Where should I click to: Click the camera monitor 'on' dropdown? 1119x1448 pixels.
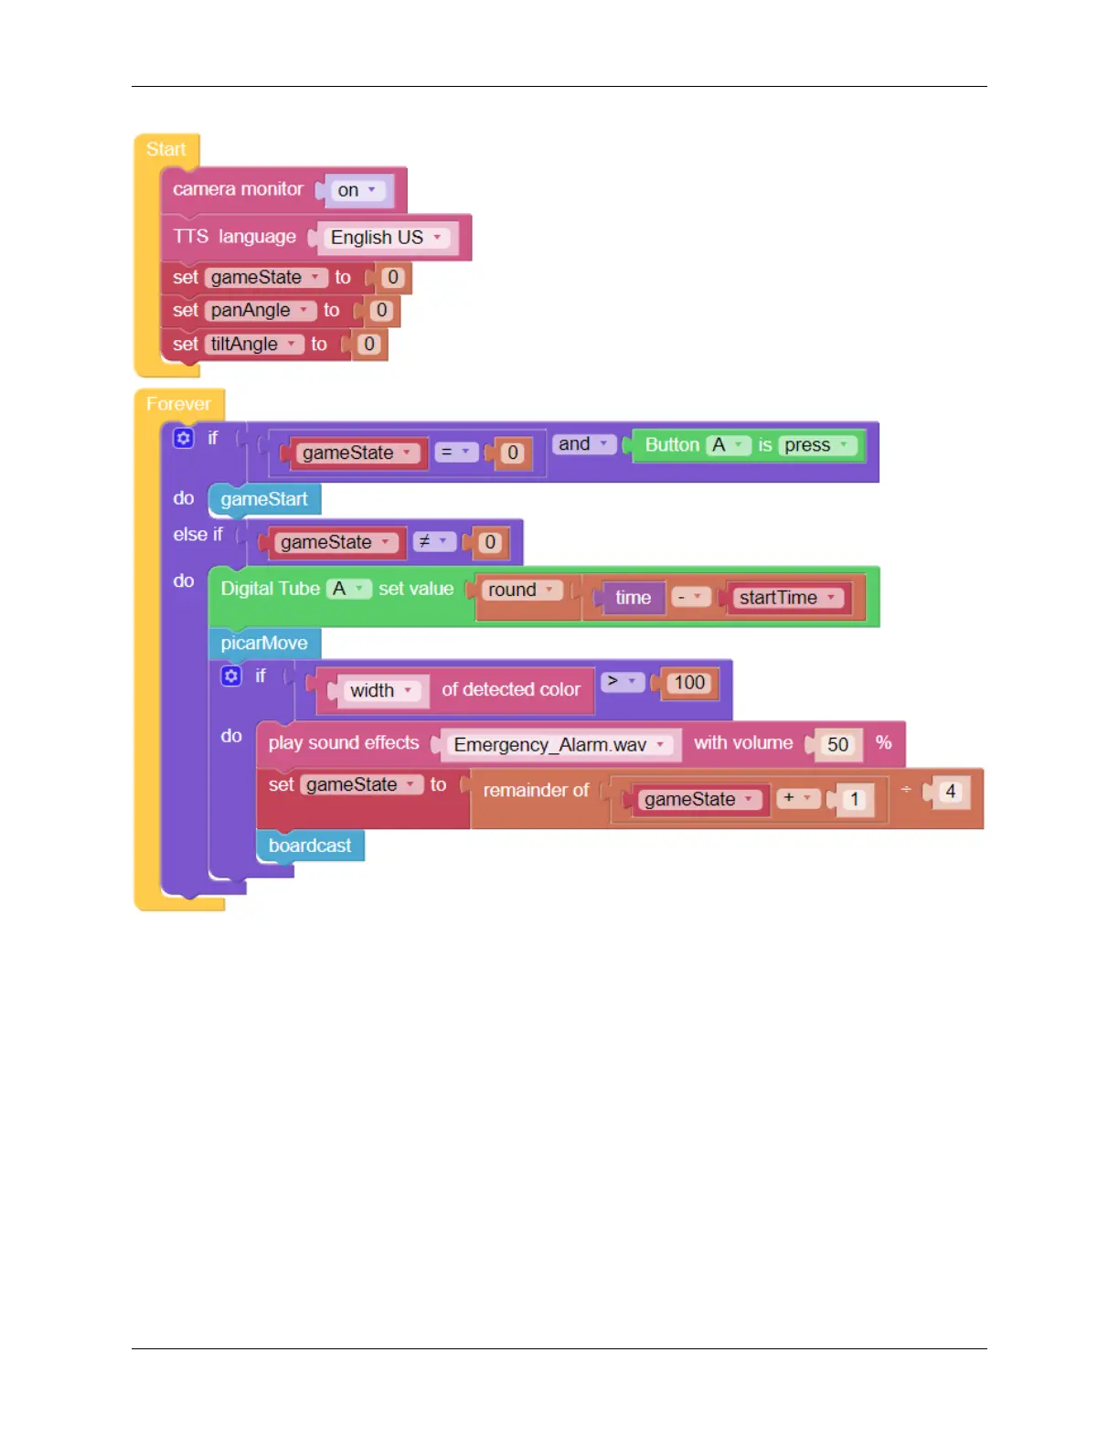(x=357, y=190)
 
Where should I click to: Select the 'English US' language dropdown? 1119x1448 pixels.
(x=385, y=238)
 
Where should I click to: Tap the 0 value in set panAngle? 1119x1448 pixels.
(x=382, y=311)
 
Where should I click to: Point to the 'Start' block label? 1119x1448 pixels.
(x=165, y=149)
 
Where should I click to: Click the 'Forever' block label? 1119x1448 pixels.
(x=178, y=404)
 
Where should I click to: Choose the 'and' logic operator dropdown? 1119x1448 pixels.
(x=583, y=444)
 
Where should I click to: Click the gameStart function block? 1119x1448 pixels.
(x=264, y=499)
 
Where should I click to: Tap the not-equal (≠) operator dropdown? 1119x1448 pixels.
(x=432, y=542)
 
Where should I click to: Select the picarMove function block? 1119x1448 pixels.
(x=264, y=644)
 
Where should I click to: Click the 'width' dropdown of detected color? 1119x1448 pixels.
(x=380, y=691)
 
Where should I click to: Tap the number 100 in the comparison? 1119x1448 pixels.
(x=689, y=683)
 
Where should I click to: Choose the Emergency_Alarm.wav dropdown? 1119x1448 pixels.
(x=559, y=745)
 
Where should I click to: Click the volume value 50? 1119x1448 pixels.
(x=837, y=745)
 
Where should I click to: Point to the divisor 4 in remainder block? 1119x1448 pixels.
(x=951, y=792)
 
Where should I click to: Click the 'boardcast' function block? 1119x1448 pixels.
(x=310, y=846)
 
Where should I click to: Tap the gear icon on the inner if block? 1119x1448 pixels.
(x=231, y=676)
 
